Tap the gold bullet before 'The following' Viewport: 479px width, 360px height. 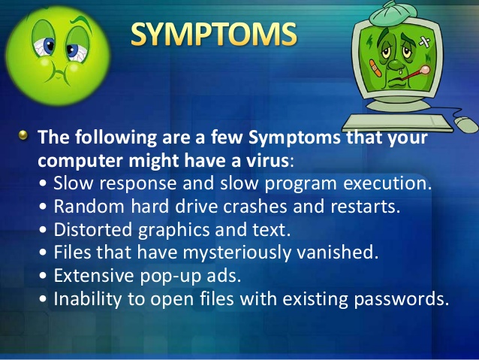tap(23, 136)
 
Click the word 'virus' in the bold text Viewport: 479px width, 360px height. tap(267, 161)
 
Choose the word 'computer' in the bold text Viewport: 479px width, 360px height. tap(82, 161)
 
